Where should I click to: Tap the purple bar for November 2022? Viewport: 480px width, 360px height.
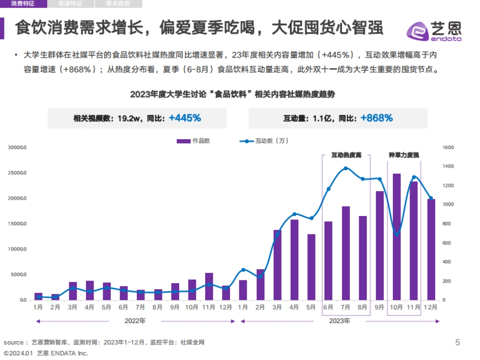(209, 286)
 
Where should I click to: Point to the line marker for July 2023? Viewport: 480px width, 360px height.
(346, 168)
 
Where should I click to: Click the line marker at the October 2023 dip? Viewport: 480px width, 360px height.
(397, 234)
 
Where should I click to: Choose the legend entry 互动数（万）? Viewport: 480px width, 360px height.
(264, 141)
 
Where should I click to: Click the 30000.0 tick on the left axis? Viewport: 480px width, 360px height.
(17, 148)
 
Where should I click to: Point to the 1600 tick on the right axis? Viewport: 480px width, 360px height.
(448, 148)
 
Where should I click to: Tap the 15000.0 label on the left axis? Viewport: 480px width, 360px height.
(17, 224)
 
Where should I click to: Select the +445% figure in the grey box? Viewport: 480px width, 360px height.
(184, 118)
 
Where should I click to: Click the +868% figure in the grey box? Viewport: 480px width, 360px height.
(376, 118)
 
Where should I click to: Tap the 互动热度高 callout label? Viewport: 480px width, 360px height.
(346, 155)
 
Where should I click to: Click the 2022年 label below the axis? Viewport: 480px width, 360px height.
(135, 321)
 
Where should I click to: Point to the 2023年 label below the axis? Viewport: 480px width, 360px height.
(340, 321)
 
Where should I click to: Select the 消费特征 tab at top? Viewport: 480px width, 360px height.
(23, 4)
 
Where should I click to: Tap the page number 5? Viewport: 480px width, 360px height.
(458, 342)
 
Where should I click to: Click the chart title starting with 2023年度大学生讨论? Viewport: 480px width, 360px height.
(232, 95)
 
